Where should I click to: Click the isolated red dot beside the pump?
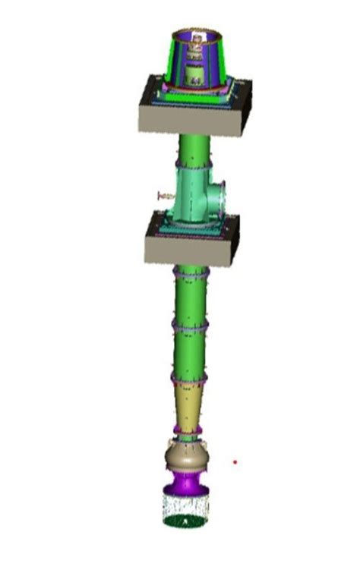click(235, 461)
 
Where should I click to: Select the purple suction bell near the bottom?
click(185, 482)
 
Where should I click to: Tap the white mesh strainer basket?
click(186, 505)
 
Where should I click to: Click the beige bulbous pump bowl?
click(186, 457)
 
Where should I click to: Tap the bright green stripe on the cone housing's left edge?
click(175, 61)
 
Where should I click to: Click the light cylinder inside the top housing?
click(194, 74)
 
